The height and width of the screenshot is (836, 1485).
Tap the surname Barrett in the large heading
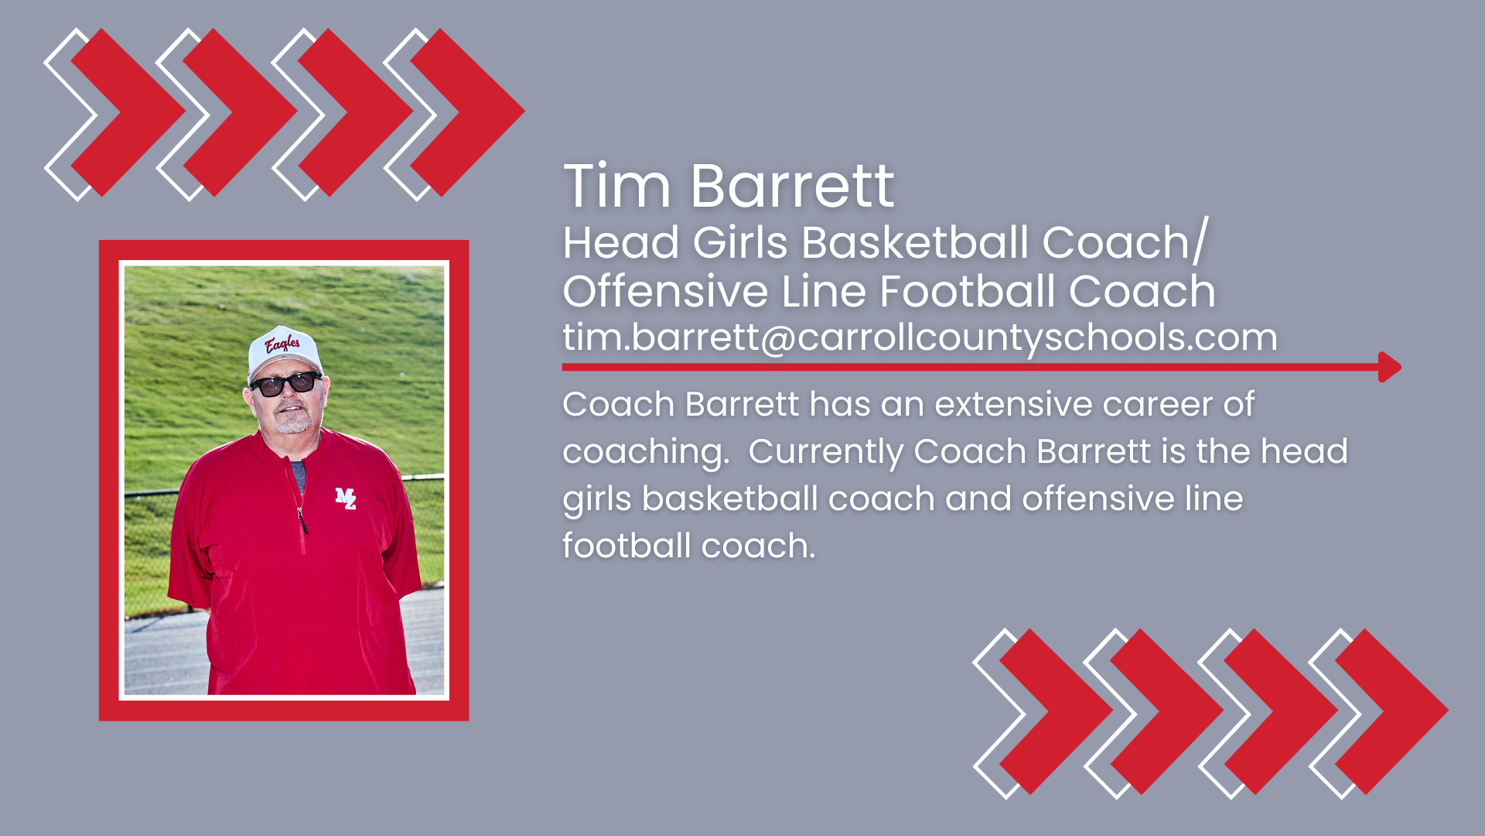(x=792, y=187)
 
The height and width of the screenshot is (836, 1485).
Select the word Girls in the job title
(x=740, y=243)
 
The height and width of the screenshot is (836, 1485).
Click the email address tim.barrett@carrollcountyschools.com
(x=920, y=337)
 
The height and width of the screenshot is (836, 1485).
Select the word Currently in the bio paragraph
(x=825, y=452)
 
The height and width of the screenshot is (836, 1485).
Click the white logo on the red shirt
(x=346, y=499)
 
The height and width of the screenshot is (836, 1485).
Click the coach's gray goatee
(x=292, y=425)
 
